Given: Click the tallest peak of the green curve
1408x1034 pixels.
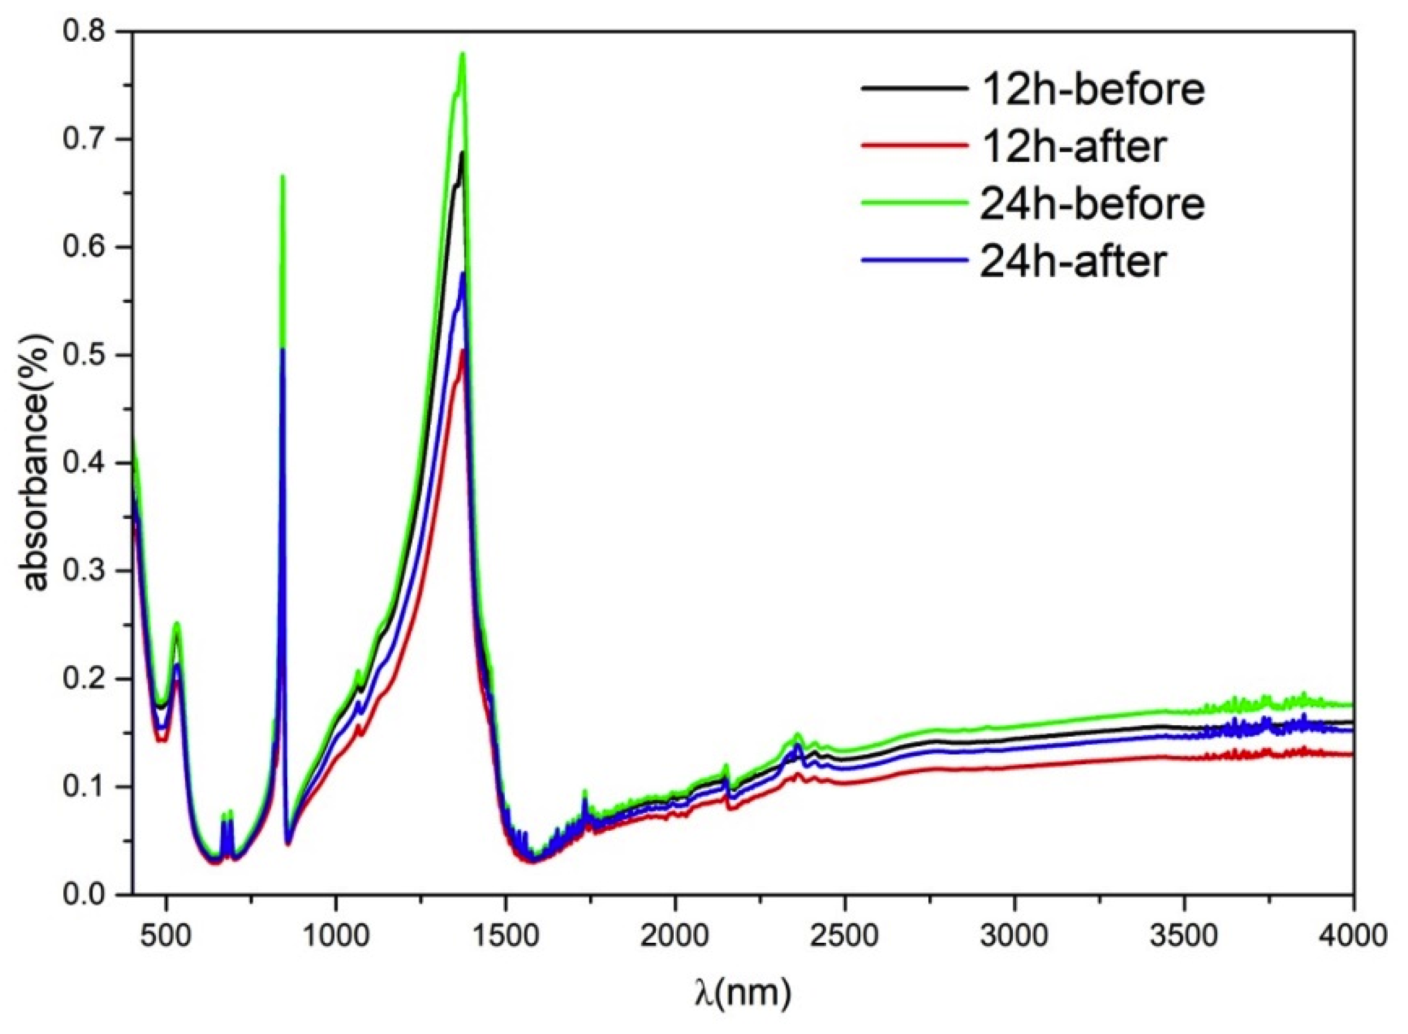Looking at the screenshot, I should pyautogui.click(x=463, y=54).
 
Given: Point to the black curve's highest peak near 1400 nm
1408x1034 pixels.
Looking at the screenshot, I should pyautogui.click(x=463, y=152).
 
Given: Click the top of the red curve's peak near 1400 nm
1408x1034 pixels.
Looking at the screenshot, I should pyautogui.click(x=463, y=350).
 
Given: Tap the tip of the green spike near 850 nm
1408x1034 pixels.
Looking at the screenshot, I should pyautogui.click(x=283, y=176).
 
